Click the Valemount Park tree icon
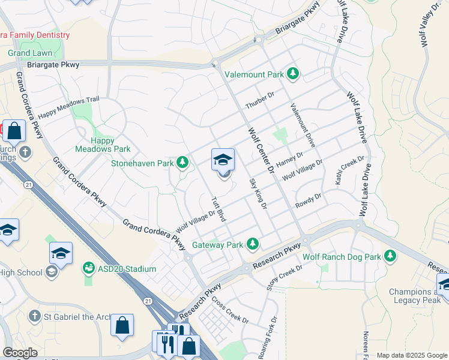tap(293, 74)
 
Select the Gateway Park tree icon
tap(253, 244)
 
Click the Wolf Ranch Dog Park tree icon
tap(390, 256)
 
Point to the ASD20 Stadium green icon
tap(89, 267)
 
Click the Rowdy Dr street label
tap(308, 200)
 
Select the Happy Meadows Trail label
tap(68, 107)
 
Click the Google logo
tap(20, 353)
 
